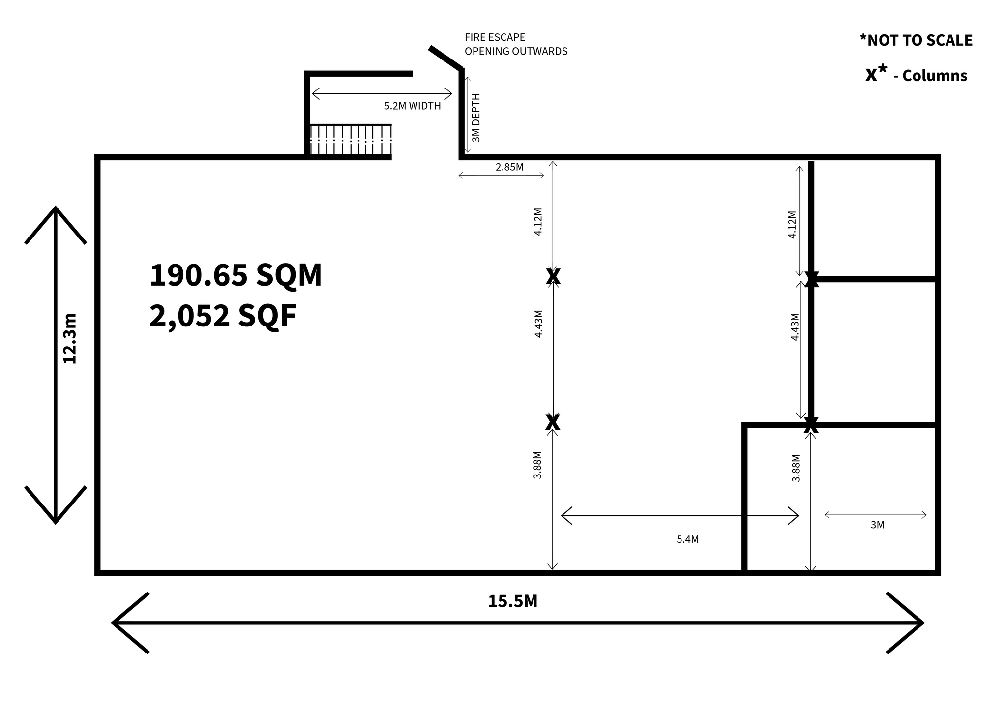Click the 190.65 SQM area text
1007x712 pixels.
[236, 275]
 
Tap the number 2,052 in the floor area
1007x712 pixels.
[189, 316]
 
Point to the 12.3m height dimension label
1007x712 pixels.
[70, 338]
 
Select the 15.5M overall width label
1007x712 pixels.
[512, 601]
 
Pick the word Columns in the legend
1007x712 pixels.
[935, 76]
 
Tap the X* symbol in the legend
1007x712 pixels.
[876, 73]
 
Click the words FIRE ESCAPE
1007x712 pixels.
[495, 37]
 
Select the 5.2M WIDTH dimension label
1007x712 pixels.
[412, 106]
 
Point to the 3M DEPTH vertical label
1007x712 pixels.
[475, 118]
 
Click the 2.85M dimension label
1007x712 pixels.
[509, 167]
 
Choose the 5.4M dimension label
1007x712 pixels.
[687, 539]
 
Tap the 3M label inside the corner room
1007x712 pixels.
[877, 525]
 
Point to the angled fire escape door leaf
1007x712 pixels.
[446, 58]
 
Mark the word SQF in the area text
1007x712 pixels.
[267, 316]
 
